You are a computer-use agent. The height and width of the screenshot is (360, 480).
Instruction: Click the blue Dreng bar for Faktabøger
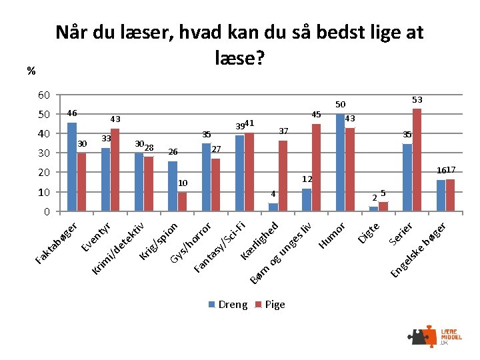coord(72,167)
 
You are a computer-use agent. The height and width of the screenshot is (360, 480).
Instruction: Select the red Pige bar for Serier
coord(417,160)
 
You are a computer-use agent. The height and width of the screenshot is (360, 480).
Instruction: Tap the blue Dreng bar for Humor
coord(340,162)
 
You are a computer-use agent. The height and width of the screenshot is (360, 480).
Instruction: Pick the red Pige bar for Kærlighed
coord(283,176)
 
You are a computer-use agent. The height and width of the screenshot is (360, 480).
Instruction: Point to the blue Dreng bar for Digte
coord(373,209)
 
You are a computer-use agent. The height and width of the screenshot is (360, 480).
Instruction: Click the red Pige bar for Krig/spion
coord(182,202)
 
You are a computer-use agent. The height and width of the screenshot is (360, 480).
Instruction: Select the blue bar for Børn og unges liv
coord(307,200)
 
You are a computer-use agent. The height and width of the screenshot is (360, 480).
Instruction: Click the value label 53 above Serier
coord(417,100)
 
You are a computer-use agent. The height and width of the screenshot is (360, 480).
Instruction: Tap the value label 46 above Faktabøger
coord(72,113)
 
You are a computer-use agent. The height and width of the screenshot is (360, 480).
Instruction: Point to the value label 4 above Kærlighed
coord(273,194)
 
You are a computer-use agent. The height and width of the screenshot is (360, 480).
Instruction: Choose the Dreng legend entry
coord(228,305)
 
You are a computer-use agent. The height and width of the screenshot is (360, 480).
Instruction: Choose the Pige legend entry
coord(270,305)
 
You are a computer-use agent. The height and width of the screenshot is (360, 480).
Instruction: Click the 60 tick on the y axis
coord(44,95)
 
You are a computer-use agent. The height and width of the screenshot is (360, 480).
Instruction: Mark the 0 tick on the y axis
coord(47,211)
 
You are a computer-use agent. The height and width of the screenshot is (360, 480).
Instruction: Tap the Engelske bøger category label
coord(418,250)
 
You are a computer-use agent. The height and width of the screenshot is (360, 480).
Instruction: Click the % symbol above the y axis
coord(31,71)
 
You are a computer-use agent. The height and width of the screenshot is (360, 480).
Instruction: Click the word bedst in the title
coord(341,32)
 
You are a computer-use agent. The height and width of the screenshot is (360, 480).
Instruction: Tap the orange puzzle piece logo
coord(430,336)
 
